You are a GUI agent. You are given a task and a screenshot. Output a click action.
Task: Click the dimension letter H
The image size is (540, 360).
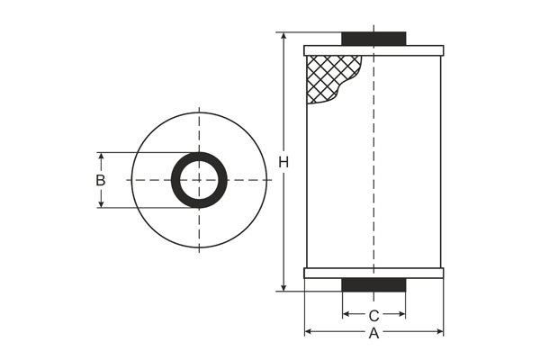click(283, 162)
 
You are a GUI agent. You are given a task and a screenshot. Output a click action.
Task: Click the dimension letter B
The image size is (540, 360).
click(101, 180)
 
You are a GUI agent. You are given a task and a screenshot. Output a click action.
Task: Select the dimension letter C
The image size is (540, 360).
click(373, 316)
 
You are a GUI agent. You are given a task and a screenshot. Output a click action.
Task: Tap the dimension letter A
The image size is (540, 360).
click(374, 334)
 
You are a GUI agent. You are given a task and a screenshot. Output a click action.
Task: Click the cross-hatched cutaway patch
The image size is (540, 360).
click(328, 76)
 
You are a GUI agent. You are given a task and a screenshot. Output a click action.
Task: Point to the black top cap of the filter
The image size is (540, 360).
click(373, 39)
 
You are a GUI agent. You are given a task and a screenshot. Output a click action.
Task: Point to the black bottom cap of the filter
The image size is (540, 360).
click(373, 284)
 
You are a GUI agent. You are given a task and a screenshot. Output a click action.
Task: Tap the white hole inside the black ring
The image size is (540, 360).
click(199, 180)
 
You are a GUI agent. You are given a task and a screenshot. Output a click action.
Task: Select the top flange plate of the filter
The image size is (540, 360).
click(373, 50)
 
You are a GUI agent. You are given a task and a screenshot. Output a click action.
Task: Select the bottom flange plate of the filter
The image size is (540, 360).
click(373, 273)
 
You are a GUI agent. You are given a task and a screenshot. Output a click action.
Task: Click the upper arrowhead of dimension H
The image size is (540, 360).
click(283, 37)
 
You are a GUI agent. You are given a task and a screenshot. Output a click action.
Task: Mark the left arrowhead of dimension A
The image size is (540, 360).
click(308, 332)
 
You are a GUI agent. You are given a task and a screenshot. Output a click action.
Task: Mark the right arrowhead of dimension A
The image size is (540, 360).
click(440, 332)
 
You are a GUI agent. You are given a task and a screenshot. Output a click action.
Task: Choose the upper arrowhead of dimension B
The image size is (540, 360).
click(101, 156)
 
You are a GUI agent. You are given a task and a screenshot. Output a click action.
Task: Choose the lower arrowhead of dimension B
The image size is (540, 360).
click(101, 204)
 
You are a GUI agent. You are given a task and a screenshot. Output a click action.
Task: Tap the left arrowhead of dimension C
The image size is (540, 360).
click(346, 315)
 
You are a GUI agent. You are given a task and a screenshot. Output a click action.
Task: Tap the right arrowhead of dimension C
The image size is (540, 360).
click(402, 315)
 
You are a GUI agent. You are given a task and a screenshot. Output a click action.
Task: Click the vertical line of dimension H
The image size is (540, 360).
click(283, 225)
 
